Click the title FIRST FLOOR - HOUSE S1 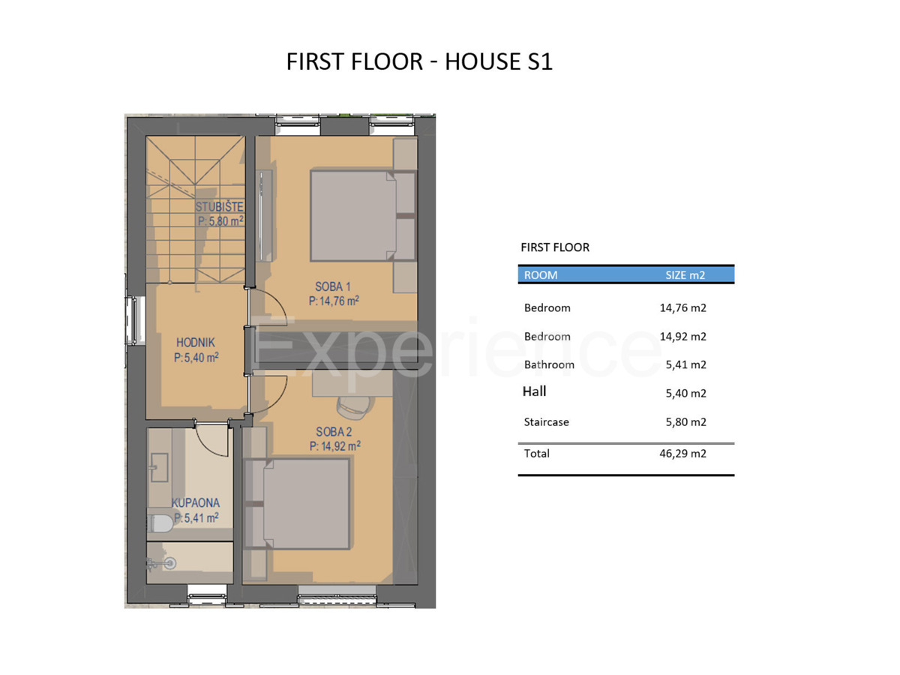point(419,61)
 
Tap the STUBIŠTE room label point(219,206)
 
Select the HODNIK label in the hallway point(196,342)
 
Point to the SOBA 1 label point(332,286)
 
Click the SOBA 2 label point(334,431)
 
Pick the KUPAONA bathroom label point(196,502)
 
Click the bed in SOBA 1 point(353,216)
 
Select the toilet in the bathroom point(160,523)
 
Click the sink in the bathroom point(159,467)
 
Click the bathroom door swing point(211,441)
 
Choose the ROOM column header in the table point(541,275)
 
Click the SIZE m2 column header point(685,275)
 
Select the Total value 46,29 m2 point(682,453)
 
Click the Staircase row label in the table point(546,421)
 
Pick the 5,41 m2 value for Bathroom point(685,364)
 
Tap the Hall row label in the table point(534,391)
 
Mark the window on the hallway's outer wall point(134,320)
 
